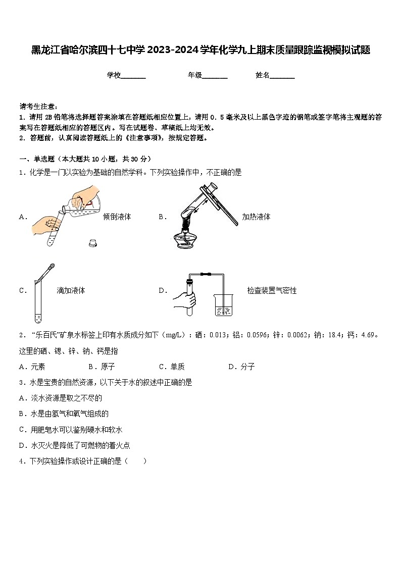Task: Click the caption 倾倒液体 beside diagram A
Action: pos(117,217)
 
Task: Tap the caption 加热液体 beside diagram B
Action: pos(256,217)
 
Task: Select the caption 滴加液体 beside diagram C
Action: pos(71,290)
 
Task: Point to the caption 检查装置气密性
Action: pos(272,290)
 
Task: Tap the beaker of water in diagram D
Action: pos(223,305)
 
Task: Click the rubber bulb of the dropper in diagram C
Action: pos(51,267)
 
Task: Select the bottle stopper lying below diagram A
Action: pos(93,242)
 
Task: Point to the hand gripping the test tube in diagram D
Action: pos(184,299)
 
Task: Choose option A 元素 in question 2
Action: pos(32,367)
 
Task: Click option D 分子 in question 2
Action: pos(241,367)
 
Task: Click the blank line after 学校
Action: pos(133,76)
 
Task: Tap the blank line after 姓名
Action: pos(282,76)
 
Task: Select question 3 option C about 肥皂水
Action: pos(71,430)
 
